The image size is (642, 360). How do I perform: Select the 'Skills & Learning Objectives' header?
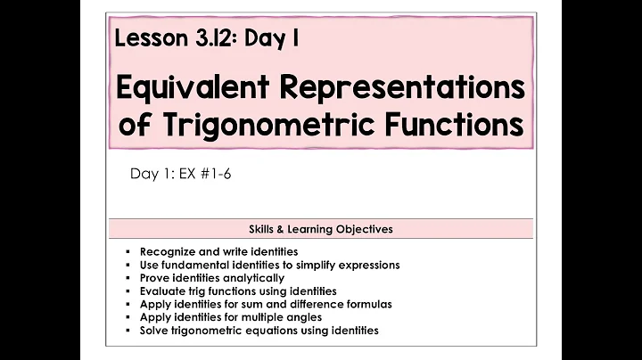(x=320, y=229)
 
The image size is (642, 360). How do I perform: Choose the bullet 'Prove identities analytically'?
(x=212, y=278)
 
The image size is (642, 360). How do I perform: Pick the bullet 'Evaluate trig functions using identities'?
(x=240, y=290)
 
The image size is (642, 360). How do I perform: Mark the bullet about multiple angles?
(x=231, y=316)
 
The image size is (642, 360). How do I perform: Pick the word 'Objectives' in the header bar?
(x=363, y=229)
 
